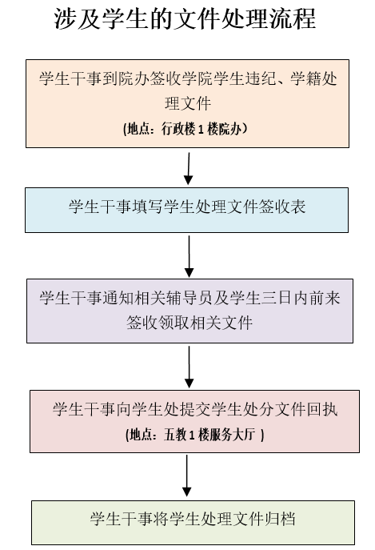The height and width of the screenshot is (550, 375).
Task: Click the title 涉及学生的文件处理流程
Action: pyautogui.click(x=185, y=18)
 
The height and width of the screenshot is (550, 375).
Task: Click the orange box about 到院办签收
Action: pyautogui.click(x=187, y=103)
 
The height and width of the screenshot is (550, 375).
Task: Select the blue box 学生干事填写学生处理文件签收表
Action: pyautogui.click(x=187, y=210)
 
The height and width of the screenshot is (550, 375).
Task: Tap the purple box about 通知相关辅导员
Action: pyautogui.click(x=189, y=311)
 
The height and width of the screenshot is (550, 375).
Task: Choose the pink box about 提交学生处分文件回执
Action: pyautogui.click(x=194, y=421)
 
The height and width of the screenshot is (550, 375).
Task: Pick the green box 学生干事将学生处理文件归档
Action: pyautogui.click(x=193, y=523)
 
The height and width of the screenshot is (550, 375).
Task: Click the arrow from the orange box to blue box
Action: pyautogui.click(x=189, y=168)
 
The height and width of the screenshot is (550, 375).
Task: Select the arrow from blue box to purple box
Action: pyautogui.click(x=189, y=256)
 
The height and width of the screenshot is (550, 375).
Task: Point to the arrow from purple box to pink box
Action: pyautogui.click(x=189, y=367)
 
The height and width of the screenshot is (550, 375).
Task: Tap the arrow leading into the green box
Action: pyautogui.click(x=187, y=476)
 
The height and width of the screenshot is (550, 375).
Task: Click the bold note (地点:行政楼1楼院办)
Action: pyautogui.click(x=185, y=129)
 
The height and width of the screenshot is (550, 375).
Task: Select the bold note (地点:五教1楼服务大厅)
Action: pyautogui.click(x=194, y=435)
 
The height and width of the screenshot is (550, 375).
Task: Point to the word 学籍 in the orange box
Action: pyautogui.click(x=305, y=78)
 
